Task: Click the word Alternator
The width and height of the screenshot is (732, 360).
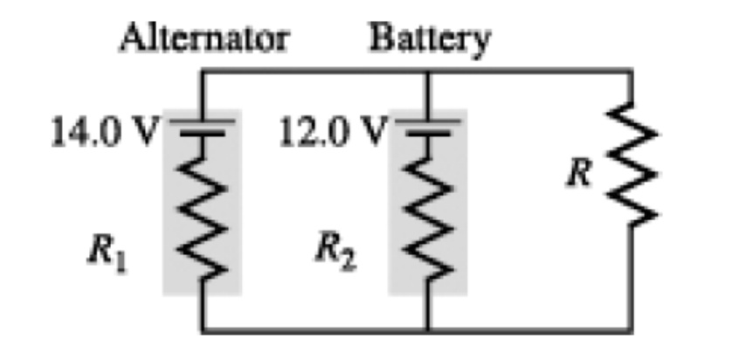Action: coord(205,38)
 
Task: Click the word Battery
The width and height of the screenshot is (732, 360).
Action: coord(430,38)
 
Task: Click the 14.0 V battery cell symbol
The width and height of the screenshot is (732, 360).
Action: coord(203,128)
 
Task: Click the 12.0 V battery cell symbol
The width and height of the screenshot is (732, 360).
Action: coord(428,128)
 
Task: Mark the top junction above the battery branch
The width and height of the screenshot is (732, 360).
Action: coord(428,73)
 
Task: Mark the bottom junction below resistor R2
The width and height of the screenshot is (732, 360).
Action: coord(428,330)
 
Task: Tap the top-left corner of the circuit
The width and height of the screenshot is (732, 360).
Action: coord(203,73)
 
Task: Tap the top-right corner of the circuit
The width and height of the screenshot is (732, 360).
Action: coord(631,73)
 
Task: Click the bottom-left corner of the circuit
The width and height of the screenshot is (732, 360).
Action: coord(203,330)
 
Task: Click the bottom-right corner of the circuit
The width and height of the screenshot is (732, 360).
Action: coord(631,330)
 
